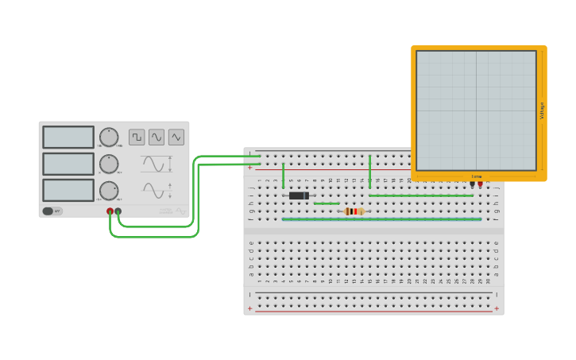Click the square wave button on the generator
(x=137, y=137)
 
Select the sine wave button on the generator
(x=157, y=137)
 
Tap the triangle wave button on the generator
(x=176, y=137)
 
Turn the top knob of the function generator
(x=109, y=137)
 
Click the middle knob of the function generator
(x=109, y=164)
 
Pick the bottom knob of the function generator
(x=109, y=191)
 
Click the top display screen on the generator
(x=68, y=137)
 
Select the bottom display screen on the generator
(x=68, y=190)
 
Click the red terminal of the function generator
(x=110, y=211)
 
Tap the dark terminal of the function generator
(x=118, y=211)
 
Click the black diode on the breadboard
(x=299, y=195)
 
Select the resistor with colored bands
(x=354, y=211)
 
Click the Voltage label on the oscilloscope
(x=542, y=110)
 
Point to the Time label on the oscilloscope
(x=476, y=176)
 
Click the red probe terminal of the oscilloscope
(x=480, y=184)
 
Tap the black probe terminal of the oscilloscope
(x=472, y=184)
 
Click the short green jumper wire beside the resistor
(x=327, y=203)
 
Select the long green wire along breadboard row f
(x=381, y=219)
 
